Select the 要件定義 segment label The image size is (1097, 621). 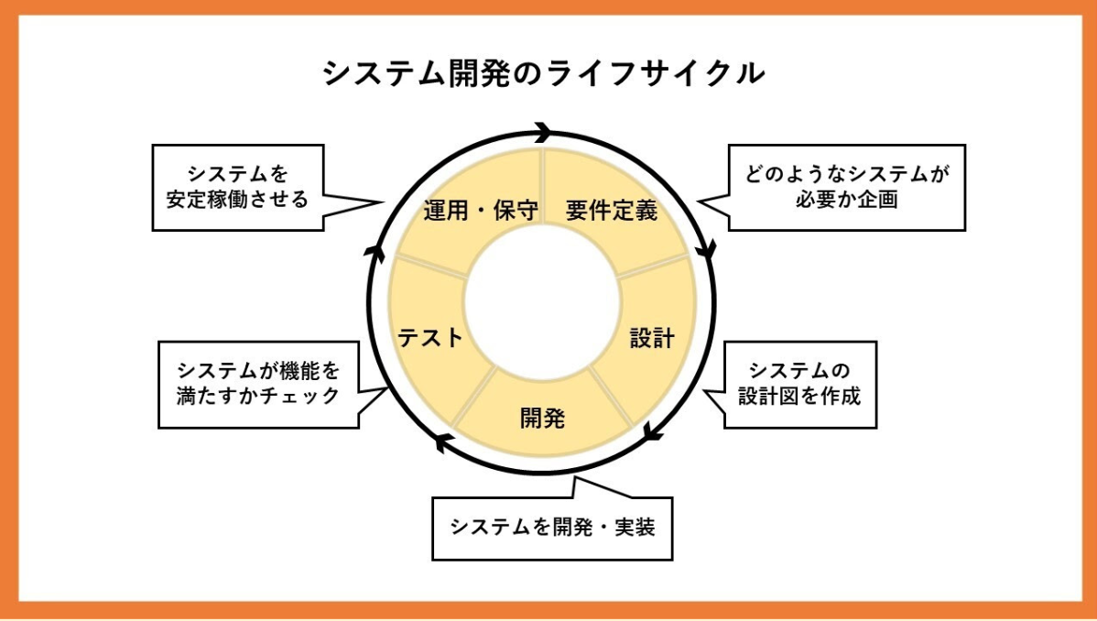pyautogui.click(x=611, y=211)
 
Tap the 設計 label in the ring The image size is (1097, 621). pyautogui.click(x=652, y=338)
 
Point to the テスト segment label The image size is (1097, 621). pyautogui.click(x=430, y=338)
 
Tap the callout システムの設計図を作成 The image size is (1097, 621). pyautogui.click(x=799, y=384)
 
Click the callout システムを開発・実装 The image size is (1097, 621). pyautogui.click(x=552, y=528)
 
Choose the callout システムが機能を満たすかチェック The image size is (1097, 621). pyautogui.click(x=257, y=384)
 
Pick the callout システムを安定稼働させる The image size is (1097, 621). pyautogui.click(x=237, y=187)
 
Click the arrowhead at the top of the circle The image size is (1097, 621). pyautogui.click(x=543, y=132)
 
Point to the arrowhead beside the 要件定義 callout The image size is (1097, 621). pyautogui.click(x=706, y=249)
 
